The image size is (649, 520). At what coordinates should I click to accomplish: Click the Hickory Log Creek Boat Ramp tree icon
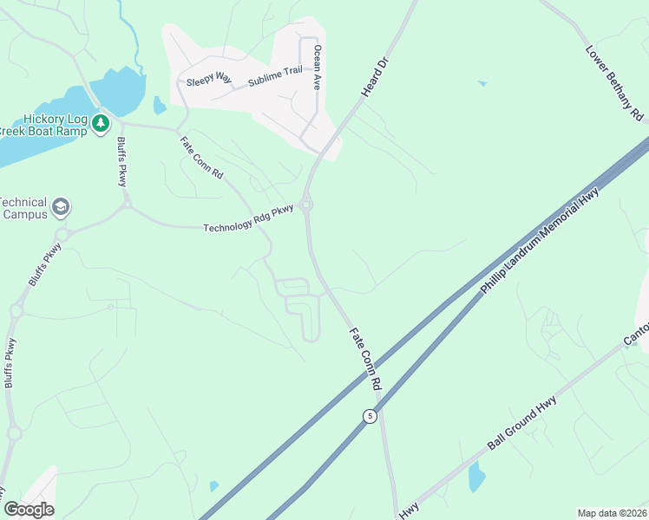[101, 123]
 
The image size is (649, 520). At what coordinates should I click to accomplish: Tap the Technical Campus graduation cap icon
[61, 206]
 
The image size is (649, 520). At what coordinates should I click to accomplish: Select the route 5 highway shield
[370, 415]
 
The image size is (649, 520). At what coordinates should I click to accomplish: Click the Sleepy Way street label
[209, 81]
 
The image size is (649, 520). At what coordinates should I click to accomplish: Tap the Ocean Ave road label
[318, 68]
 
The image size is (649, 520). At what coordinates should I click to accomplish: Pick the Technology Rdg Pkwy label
[248, 222]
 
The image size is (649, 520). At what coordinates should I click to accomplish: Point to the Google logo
[29, 509]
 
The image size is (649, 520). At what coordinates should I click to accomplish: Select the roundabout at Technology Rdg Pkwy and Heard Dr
[307, 205]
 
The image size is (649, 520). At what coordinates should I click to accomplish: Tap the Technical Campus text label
[23, 207]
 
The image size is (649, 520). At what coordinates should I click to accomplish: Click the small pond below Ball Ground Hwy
[475, 477]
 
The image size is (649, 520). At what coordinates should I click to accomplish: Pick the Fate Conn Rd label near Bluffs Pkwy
[201, 158]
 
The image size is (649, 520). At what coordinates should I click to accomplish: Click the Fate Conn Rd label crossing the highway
[365, 357]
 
